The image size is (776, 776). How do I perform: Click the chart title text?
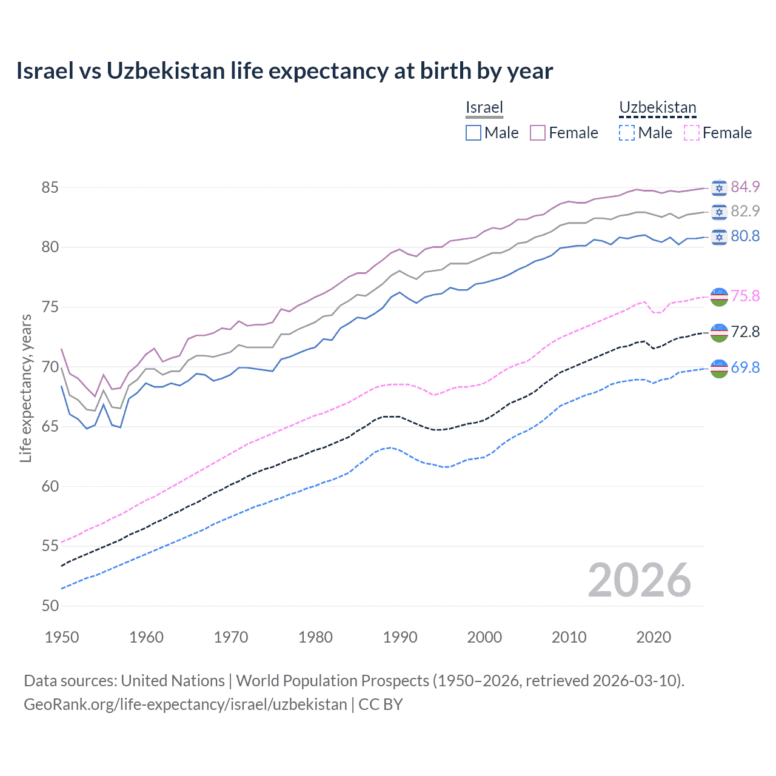[284, 71]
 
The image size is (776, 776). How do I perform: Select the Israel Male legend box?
[473, 133]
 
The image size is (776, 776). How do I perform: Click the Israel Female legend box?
[538, 133]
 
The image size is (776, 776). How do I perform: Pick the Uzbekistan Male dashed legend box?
[627, 133]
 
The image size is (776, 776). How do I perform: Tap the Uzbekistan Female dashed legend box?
[691, 133]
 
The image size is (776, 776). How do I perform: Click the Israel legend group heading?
[484, 107]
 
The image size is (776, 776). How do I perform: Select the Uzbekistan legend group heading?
[657, 107]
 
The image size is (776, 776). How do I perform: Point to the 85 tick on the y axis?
[50, 187]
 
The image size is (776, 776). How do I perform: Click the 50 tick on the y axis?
[50, 606]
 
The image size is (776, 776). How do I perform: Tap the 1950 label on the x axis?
[62, 637]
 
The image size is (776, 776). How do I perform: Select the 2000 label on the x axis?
[484, 637]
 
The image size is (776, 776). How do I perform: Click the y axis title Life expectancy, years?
[25, 388]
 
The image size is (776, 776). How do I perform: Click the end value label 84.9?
[745, 187]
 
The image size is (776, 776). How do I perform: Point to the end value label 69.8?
[745, 367]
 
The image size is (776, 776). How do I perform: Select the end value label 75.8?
[745, 296]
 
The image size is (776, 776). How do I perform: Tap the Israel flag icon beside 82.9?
[719, 212]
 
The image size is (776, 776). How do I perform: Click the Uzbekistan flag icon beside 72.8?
[719, 332]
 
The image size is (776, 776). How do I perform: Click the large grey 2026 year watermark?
[639, 580]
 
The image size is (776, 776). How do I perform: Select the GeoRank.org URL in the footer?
[185, 704]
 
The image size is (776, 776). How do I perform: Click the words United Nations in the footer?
[173, 681]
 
